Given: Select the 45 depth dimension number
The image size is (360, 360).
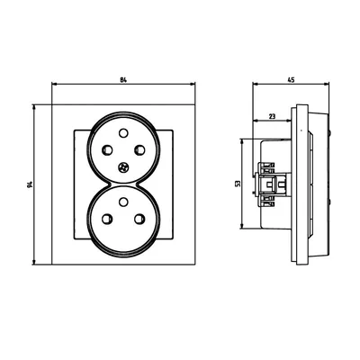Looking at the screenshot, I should click(x=291, y=79).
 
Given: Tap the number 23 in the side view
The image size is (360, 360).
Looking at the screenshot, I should click(x=272, y=115).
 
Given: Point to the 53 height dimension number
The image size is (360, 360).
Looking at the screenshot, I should click(x=237, y=184).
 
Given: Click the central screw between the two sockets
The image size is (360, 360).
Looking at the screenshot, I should click(x=121, y=168).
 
